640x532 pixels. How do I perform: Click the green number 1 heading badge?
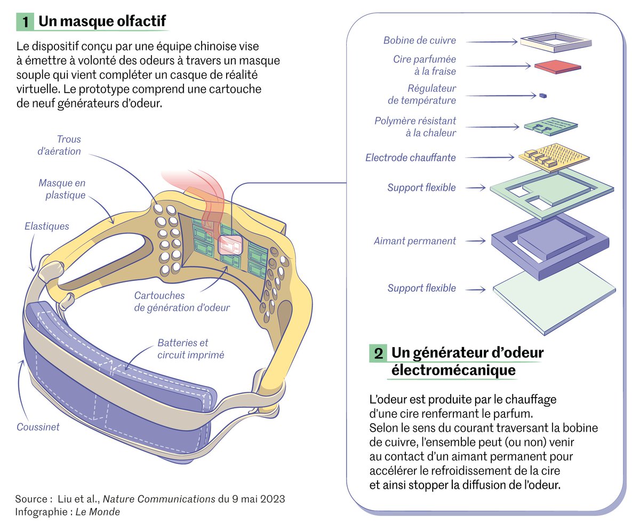25,21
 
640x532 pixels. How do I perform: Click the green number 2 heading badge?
378,353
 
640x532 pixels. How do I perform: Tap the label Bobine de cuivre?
419,41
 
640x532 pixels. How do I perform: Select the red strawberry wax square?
557,67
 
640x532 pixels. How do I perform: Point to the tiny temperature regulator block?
543,96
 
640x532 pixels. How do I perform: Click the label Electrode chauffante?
410,158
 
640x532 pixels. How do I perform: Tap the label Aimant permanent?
414,241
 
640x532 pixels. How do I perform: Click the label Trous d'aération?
59,145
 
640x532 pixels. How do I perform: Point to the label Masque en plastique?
62,189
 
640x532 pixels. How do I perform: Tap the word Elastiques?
47,226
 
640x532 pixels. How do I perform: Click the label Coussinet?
38,427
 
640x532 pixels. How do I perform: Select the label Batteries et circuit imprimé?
183,349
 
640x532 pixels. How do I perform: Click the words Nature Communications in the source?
158,499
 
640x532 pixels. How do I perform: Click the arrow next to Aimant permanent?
475,241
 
